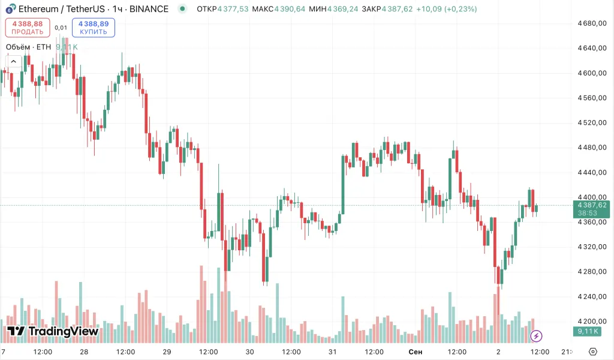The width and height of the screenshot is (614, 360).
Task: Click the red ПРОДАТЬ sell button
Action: pyautogui.click(x=27, y=28)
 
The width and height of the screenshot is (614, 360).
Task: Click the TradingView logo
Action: pyautogui.click(x=53, y=331)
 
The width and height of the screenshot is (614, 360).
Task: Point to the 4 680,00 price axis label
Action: pyautogui.click(x=592, y=23)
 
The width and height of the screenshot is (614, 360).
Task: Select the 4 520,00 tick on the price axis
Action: pyautogui.click(x=592, y=122)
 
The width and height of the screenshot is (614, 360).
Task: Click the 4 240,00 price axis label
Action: pyautogui.click(x=592, y=296)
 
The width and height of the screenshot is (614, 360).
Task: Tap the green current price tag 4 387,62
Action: pyautogui.click(x=592, y=205)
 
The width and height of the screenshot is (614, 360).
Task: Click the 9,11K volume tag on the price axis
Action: pyautogui.click(x=588, y=331)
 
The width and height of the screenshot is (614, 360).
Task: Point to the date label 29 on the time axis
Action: pyautogui.click(x=167, y=351)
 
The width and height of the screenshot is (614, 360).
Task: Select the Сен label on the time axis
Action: pyautogui.click(x=415, y=351)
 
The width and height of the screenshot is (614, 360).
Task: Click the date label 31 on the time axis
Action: pyautogui.click(x=333, y=351)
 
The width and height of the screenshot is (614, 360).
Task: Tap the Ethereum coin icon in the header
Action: pyautogui.click(x=10, y=10)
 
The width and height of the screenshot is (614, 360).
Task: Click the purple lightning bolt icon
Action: pyautogui.click(x=537, y=335)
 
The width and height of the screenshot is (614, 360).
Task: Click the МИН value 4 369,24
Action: pyautogui.click(x=342, y=9)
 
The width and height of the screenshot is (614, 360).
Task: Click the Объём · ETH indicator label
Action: pyautogui.click(x=28, y=47)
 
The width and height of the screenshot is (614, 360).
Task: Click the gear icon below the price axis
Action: pyautogui.click(x=593, y=351)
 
